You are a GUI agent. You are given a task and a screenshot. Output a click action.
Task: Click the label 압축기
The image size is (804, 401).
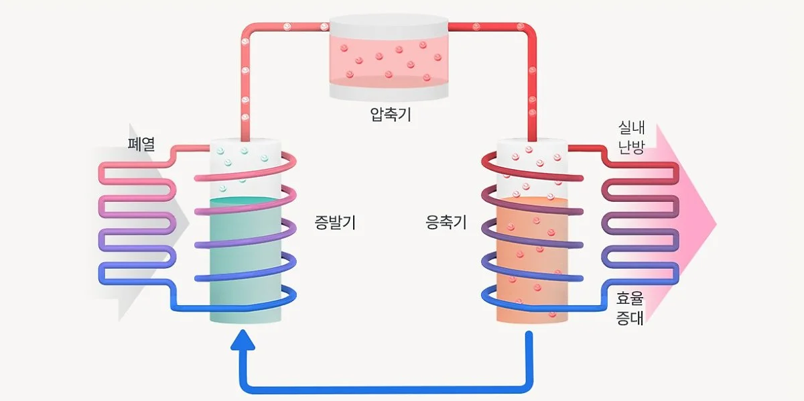(x=391, y=115)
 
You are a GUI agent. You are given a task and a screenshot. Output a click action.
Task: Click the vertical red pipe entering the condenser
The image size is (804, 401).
(x=533, y=87)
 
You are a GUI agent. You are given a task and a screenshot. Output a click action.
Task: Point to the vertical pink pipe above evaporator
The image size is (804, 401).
(x=245, y=87)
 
